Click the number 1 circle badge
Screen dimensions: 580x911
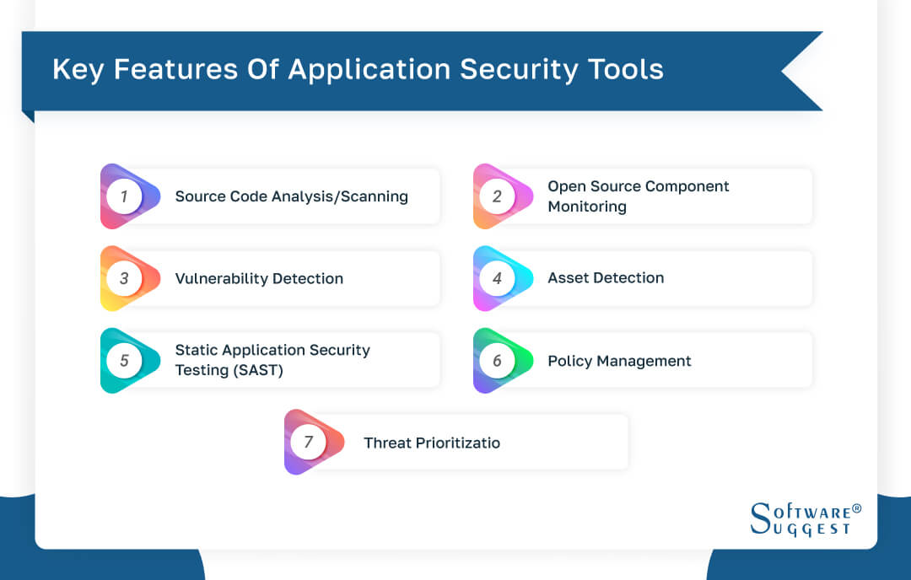(x=124, y=196)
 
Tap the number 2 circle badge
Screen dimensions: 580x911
(x=497, y=196)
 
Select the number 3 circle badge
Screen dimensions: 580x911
(x=124, y=278)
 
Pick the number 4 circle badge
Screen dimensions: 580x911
(x=497, y=278)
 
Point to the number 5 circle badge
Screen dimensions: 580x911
(x=124, y=361)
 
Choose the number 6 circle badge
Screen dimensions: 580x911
(x=497, y=361)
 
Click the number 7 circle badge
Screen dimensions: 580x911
(x=308, y=443)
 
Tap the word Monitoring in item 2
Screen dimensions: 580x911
(x=587, y=207)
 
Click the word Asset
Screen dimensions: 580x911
(x=568, y=278)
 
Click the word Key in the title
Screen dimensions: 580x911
(x=78, y=70)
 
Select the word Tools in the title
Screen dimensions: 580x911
(x=627, y=70)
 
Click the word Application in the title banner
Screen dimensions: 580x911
(x=371, y=70)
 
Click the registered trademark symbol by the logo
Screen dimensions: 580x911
(x=857, y=509)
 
